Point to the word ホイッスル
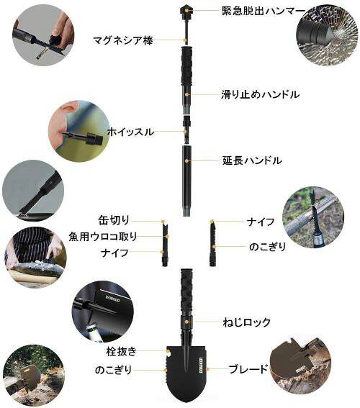130,132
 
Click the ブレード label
248,369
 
